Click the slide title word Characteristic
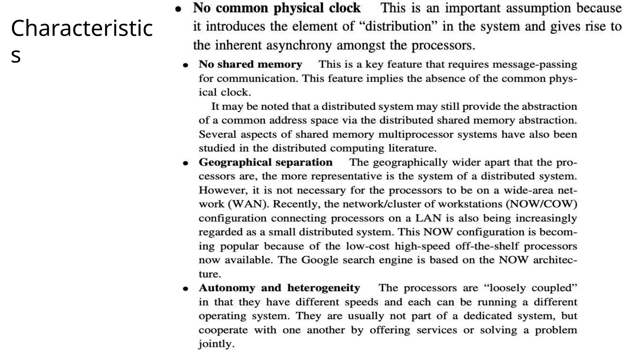(82, 28)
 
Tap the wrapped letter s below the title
(16, 55)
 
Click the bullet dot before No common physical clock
(178, 9)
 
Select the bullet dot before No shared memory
(186, 65)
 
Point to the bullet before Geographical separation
(186, 163)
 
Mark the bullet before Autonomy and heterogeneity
(186, 289)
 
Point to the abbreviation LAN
(428, 218)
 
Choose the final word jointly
(216, 344)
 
